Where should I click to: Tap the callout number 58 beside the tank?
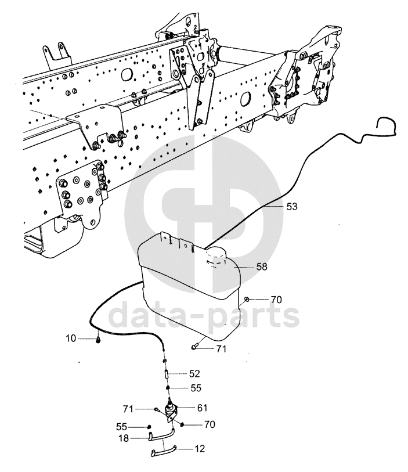[262, 268]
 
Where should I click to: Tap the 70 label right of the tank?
[276, 300]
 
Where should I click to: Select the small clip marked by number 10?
[99, 340]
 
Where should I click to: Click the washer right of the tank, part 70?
[247, 299]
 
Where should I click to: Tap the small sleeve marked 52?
[167, 374]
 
